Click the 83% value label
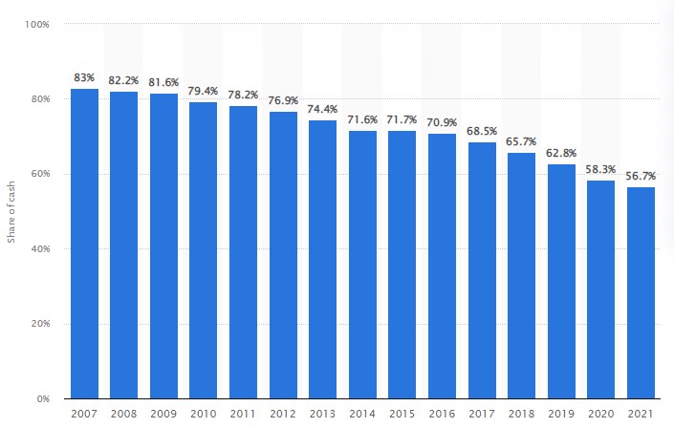click(84, 76)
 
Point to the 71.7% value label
click(402, 119)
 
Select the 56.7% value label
click(641, 176)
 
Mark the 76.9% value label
click(283, 100)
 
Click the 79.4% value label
click(204, 91)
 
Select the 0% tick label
click(43, 398)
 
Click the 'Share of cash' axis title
click(11, 211)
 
